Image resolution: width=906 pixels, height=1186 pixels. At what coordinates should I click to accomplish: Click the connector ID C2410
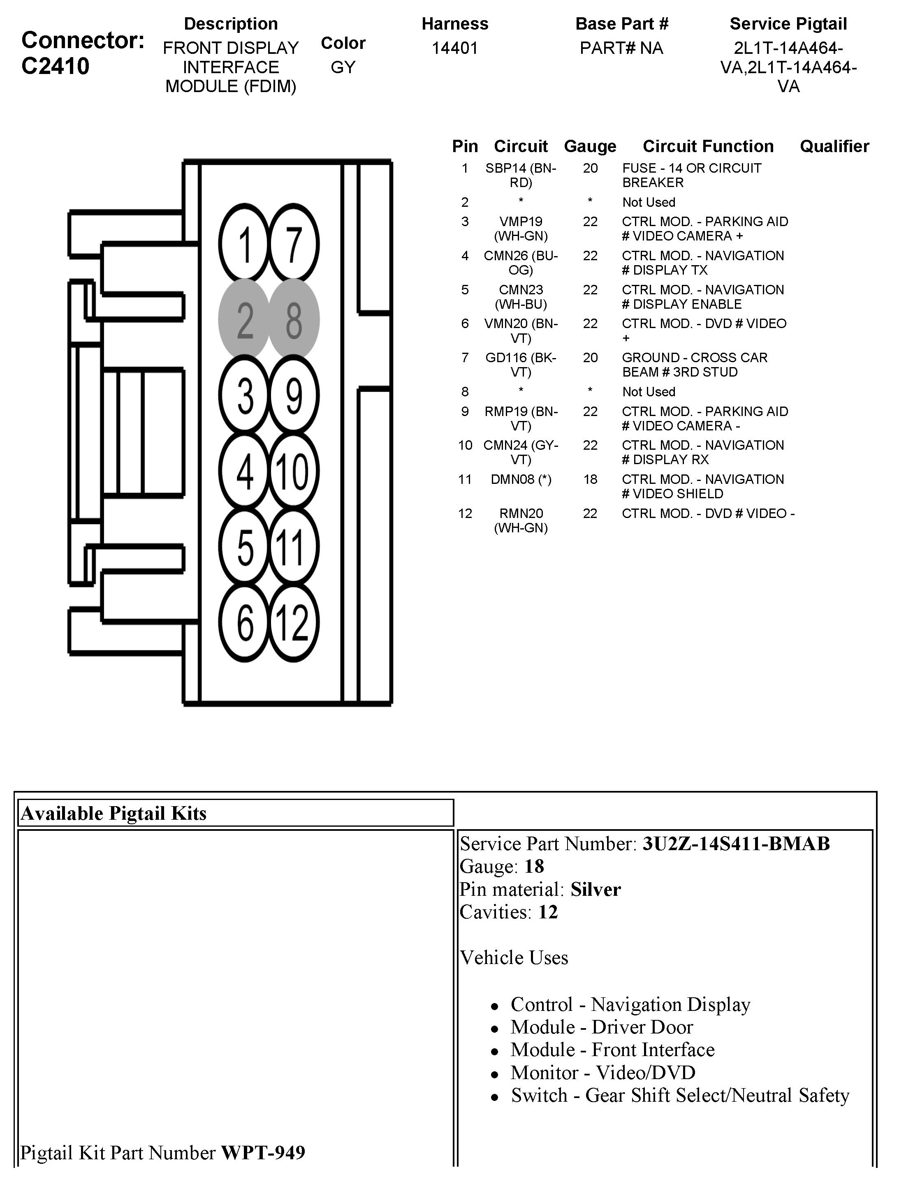[x=55, y=66]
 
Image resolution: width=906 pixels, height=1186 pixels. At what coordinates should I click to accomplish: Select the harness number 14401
[x=454, y=49]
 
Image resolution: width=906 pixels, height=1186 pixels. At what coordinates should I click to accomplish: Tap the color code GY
[x=343, y=67]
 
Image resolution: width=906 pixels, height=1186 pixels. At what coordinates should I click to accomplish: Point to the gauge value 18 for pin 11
[x=590, y=479]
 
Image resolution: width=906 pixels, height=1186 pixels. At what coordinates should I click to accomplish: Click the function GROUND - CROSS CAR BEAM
[x=695, y=365]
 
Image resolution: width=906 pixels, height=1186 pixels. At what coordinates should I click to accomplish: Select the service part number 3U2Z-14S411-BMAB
[x=736, y=843]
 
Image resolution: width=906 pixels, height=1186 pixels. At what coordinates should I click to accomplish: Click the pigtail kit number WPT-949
[x=263, y=1153]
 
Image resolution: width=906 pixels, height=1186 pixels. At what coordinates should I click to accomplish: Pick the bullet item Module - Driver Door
[x=601, y=1027]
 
